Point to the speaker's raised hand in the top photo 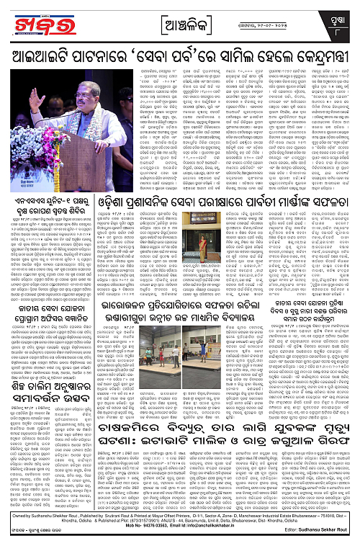34,99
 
